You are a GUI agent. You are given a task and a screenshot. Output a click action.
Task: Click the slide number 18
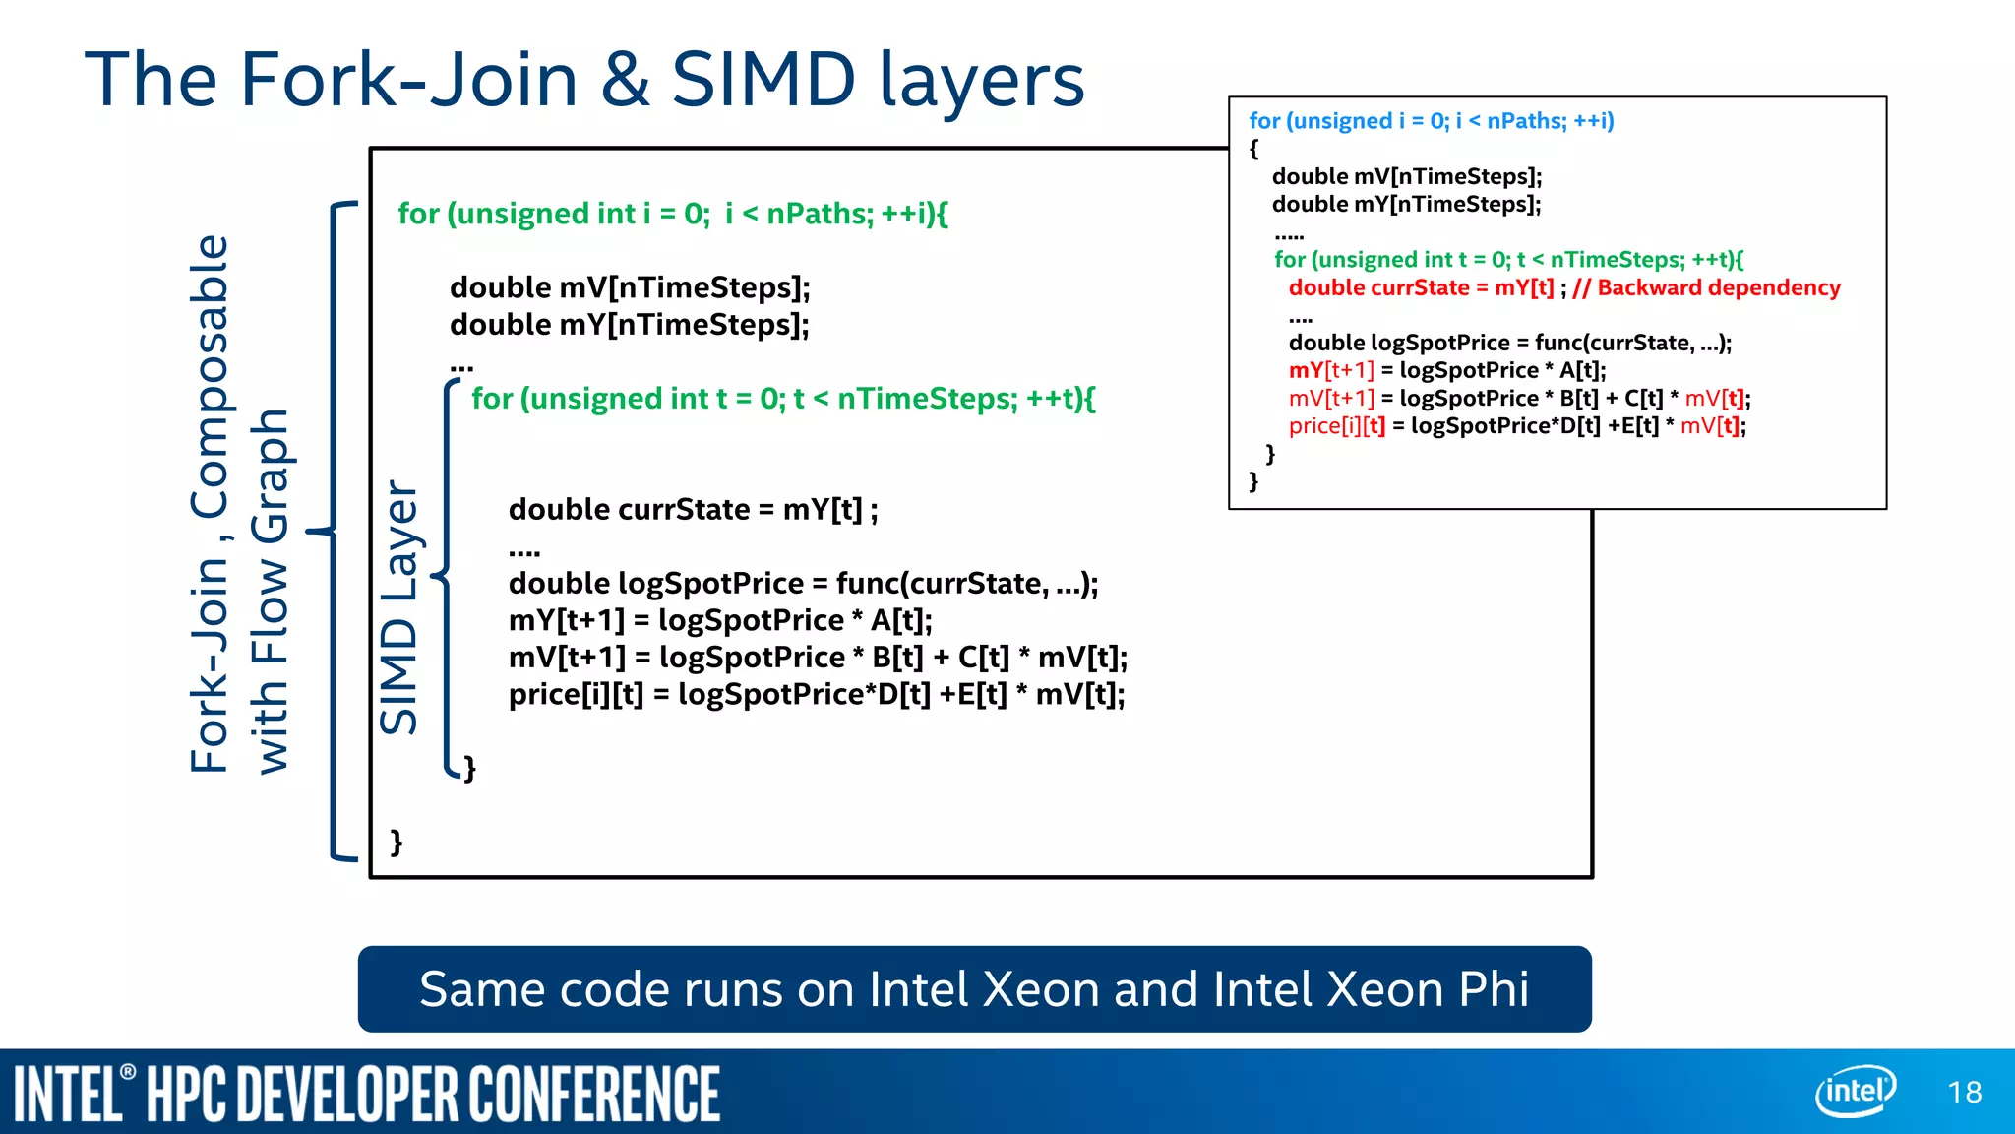(1964, 1092)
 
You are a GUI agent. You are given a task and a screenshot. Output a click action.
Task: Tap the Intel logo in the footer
(1855, 1091)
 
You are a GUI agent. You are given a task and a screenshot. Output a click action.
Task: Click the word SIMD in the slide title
(763, 80)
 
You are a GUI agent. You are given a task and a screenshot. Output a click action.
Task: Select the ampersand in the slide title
(625, 80)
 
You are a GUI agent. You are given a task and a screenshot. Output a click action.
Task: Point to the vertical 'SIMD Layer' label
(399, 607)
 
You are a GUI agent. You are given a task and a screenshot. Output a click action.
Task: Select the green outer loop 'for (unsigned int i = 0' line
(672, 214)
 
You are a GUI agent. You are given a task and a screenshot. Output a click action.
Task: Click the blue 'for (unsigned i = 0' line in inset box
(1431, 121)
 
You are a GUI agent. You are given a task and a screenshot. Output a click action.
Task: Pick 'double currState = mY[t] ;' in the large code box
(693, 510)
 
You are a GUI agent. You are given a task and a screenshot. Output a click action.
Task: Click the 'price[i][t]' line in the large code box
(816, 695)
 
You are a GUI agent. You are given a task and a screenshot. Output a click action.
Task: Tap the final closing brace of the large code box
(397, 842)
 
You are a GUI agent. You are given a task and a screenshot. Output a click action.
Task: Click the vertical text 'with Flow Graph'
(271, 592)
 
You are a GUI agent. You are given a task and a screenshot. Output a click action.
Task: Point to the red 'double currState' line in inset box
(1421, 287)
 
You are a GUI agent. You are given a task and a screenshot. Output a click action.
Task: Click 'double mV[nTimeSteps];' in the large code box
(630, 287)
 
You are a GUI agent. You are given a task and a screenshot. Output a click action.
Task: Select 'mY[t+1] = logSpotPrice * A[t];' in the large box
(720, 620)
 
